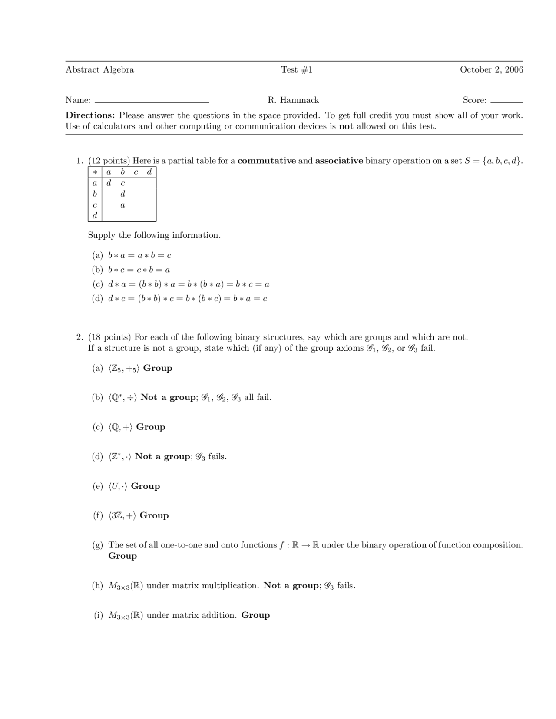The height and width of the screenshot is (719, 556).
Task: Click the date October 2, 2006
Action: (491, 69)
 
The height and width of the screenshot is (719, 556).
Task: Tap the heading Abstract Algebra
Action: (99, 69)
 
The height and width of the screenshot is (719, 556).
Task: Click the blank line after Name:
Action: (152, 101)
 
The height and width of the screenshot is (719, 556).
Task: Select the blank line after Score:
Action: (506, 101)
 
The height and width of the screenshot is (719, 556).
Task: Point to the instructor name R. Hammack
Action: (293, 100)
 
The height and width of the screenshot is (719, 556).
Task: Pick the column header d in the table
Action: (149, 172)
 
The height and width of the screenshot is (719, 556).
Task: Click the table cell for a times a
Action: (109, 183)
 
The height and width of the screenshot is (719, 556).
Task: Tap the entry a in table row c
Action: (122, 205)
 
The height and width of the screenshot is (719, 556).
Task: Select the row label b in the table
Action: (95, 194)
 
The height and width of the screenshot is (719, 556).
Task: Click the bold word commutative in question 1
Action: (267, 161)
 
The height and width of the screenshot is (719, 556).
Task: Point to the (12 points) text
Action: (109, 161)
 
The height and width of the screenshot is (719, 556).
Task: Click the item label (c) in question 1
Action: (97, 284)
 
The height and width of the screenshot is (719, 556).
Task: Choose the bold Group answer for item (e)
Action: (145, 486)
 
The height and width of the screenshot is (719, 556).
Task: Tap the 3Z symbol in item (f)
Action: (116, 516)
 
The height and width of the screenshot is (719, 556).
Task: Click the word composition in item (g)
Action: (497, 545)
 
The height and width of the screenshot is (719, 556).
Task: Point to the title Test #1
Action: (297, 69)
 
